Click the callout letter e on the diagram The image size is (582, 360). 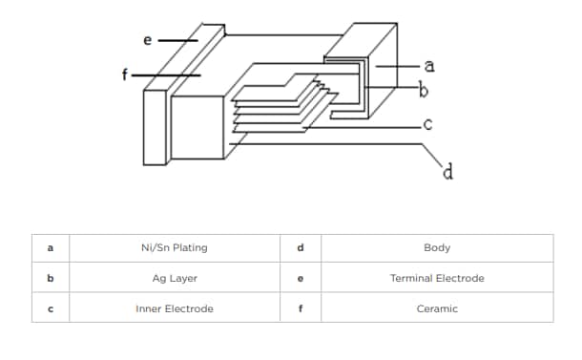pyautogui.click(x=147, y=40)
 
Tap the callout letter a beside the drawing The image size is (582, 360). pyautogui.click(x=429, y=65)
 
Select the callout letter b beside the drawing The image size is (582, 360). pyautogui.click(x=424, y=91)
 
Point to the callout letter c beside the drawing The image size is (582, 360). pyautogui.click(x=428, y=124)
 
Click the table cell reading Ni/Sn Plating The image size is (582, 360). pyautogui.click(x=174, y=248)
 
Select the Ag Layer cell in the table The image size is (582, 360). pyautogui.click(x=174, y=279)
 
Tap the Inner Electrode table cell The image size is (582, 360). pyautogui.click(x=174, y=308)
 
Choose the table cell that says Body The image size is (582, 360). pyautogui.click(x=436, y=248)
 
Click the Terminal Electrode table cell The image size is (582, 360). pyautogui.click(x=436, y=279)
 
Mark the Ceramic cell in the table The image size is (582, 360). pyautogui.click(x=436, y=308)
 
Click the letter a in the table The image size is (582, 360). pyautogui.click(x=50, y=248)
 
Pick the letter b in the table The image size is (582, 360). pyautogui.click(x=50, y=279)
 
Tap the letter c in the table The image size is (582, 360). pyautogui.click(x=50, y=308)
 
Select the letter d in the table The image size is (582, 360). pyautogui.click(x=300, y=248)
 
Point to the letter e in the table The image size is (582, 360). pyautogui.click(x=300, y=279)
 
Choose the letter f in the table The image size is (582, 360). pyautogui.click(x=300, y=308)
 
